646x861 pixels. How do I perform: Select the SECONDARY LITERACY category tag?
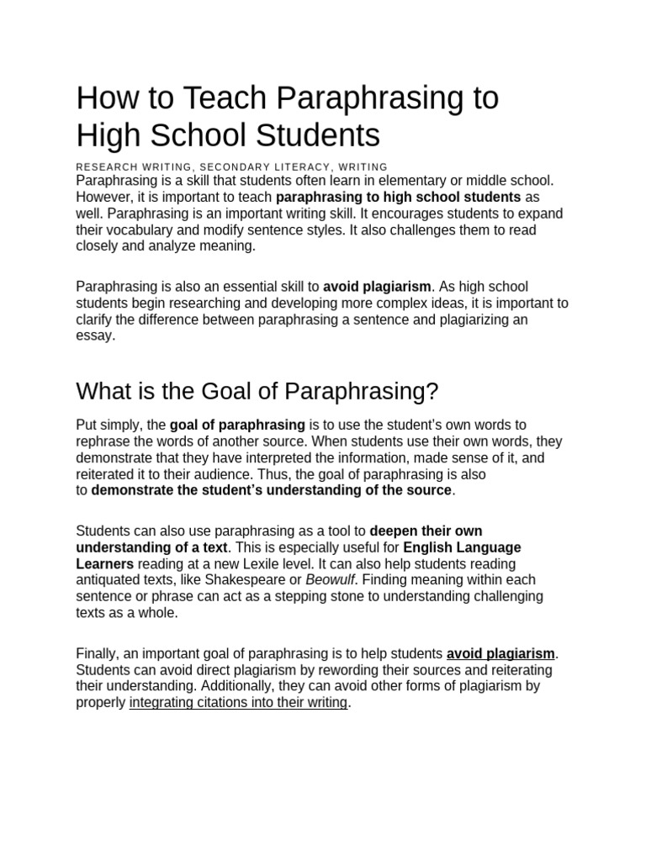pyautogui.click(x=266, y=167)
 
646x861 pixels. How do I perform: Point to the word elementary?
pyautogui.click(x=398, y=180)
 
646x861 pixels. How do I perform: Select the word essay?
pyautogui.click(x=94, y=335)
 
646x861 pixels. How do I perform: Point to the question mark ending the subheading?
pyautogui.click(x=432, y=392)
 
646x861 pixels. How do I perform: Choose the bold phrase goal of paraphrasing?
pyautogui.click(x=237, y=425)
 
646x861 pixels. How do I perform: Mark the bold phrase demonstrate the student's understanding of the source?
pyautogui.click(x=272, y=491)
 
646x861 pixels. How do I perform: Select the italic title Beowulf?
pyautogui.click(x=331, y=580)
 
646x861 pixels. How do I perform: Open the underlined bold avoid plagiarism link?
pyautogui.click(x=500, y=653)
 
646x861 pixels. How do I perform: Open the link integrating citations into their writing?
pyautogui.click(x=238, y=703)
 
